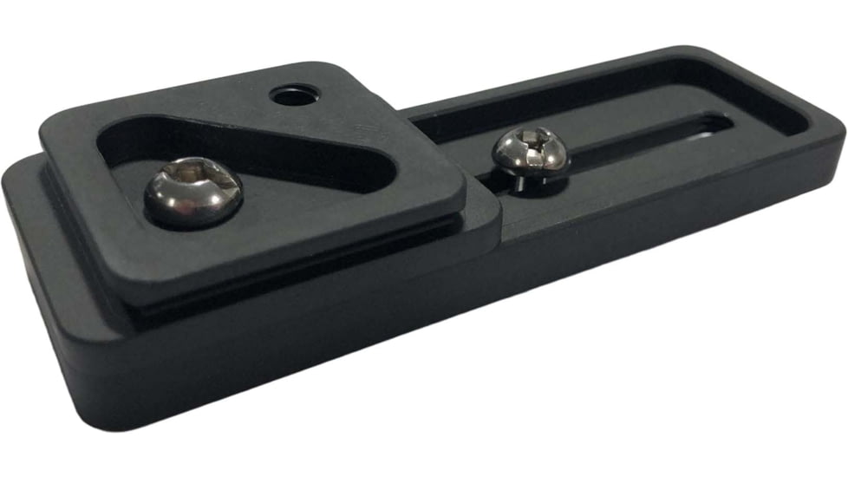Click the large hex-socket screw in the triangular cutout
tap(192, 192)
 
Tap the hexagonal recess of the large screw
tap(193, 183)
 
